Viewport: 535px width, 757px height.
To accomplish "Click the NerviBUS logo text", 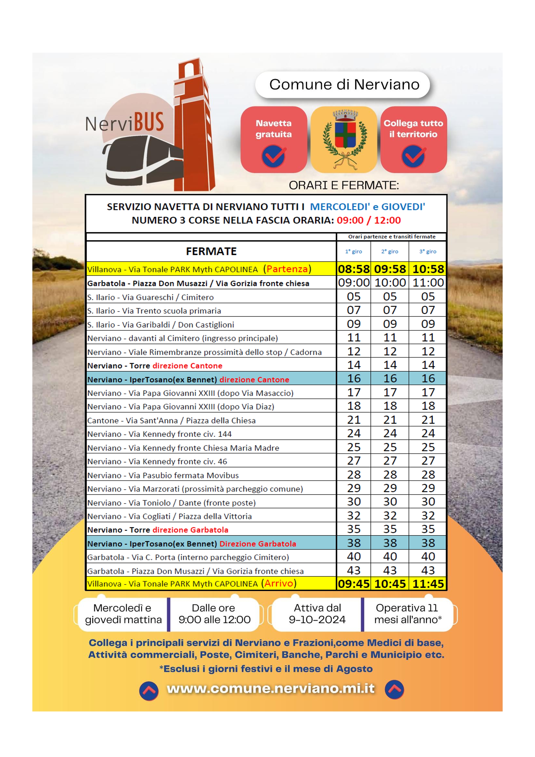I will coord(124,123).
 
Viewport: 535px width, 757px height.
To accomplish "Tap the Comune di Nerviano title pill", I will coord(344,85).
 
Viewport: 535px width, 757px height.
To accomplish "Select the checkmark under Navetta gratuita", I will coord(273,156).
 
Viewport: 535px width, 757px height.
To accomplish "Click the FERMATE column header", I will coord(211,251).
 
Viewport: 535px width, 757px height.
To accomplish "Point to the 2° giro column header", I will coord(390,251).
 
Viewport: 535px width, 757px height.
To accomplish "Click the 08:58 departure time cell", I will coord(354,269).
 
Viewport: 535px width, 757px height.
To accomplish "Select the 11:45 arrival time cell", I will coord(428,584).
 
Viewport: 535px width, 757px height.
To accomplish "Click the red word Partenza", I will coord(287,269).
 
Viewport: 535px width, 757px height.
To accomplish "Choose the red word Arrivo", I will coord(279,584).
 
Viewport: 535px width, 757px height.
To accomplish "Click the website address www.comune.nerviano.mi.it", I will coord(271,689).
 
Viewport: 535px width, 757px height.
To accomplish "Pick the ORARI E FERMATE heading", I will coord(344,186).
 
